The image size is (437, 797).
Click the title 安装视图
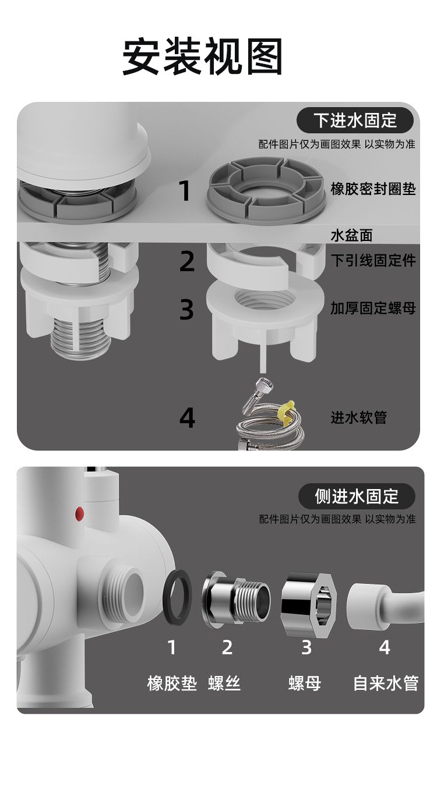coord(202,57)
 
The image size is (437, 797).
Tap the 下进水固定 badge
coord(355,121)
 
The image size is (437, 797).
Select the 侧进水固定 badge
coord(357,496)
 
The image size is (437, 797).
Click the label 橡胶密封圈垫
coord(373,189)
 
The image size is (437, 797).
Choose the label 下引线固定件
coord(373,260)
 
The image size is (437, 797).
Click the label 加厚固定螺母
coord(373,308)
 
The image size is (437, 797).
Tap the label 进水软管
coord(358,417)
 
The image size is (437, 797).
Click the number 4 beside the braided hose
coord(187,418)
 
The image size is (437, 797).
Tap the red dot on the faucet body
coord(80,513)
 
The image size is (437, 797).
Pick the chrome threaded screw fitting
coord(236,598)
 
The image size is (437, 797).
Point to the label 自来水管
coord(385,683)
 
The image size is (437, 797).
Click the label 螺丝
coord(224,683)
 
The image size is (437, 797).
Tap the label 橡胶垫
coord(172,683)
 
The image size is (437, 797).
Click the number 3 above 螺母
coord(306,647)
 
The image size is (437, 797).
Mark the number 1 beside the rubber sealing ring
coord(185,191)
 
